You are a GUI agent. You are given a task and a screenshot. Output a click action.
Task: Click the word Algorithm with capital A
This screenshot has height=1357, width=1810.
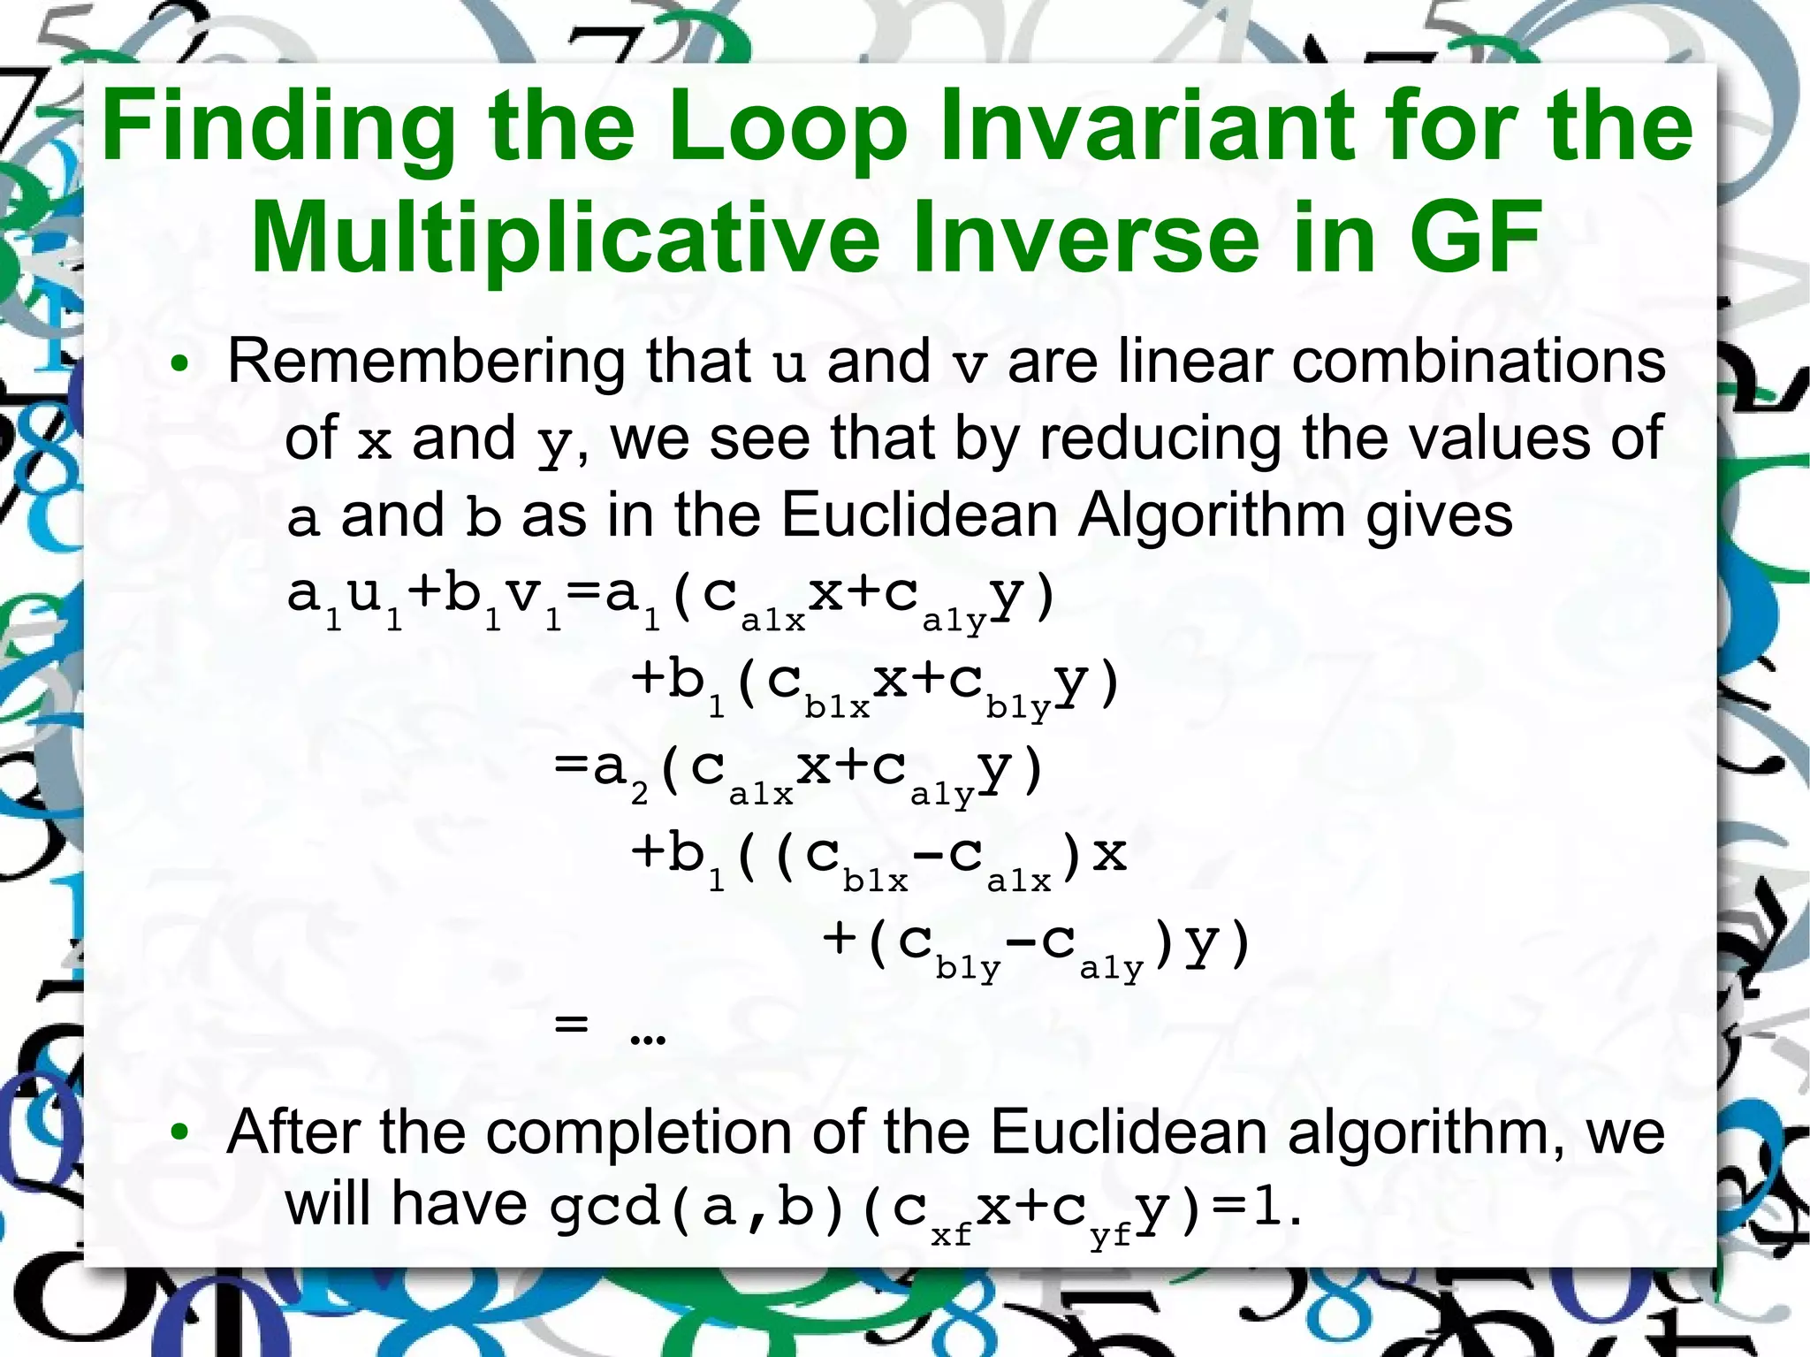(x=1212, y=515)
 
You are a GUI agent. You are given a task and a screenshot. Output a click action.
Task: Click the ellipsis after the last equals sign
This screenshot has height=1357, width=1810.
(x=648, y=1032)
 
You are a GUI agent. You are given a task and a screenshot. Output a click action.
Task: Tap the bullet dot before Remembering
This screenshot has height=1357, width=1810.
(x=179, y=365)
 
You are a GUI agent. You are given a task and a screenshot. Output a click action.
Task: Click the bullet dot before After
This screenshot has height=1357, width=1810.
(x=179, y=1133)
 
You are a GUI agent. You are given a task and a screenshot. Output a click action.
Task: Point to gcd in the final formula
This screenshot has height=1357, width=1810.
(x=605, y=1208)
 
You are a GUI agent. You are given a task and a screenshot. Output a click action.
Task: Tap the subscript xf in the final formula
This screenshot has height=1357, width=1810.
(x=951, y=1233)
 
